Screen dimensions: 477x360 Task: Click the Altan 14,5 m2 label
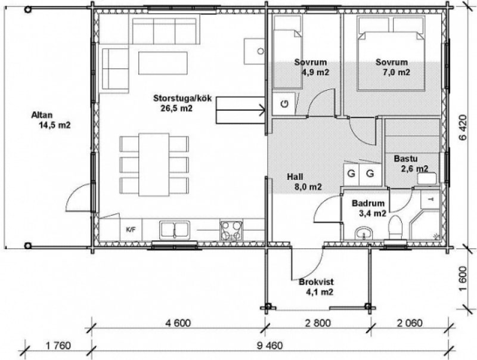tap(51, 120)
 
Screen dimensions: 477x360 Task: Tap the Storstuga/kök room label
tap(182, 98)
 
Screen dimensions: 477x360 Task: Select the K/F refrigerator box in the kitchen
tap(131, 229)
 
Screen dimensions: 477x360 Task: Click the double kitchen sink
tap(175, 229)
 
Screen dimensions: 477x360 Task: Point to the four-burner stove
tap(231, 230)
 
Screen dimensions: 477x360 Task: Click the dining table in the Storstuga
tap(154, 165)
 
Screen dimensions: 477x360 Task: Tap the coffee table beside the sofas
tap(163, 63)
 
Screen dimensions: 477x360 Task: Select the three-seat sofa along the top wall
tap(165, 31)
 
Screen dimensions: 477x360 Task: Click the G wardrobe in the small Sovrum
tap(284, 104)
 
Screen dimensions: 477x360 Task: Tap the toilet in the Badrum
tap(395, 228)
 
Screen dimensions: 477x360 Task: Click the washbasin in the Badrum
tap(363, 234)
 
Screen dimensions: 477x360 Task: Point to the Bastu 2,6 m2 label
tap(411, 163)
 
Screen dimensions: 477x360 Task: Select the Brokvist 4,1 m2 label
tap(317, 287)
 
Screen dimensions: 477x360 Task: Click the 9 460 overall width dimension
tap(270, 346)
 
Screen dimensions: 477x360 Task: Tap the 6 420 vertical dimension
tap(463, 127)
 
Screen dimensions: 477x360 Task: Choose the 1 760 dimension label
tap(58, 346)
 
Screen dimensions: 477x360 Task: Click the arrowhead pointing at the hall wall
tap(262, 110)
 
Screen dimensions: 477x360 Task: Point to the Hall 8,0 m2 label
tap(304, 182)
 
